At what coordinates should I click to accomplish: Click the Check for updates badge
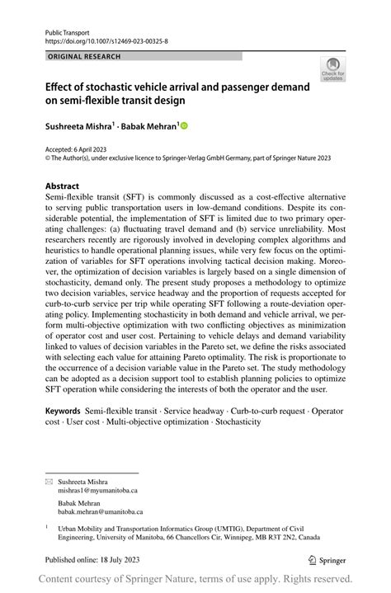332,70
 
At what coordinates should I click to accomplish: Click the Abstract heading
63,186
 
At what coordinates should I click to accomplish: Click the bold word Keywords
64,409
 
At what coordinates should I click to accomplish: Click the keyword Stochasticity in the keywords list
238,421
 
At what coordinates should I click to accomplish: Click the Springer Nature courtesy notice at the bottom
195,579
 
